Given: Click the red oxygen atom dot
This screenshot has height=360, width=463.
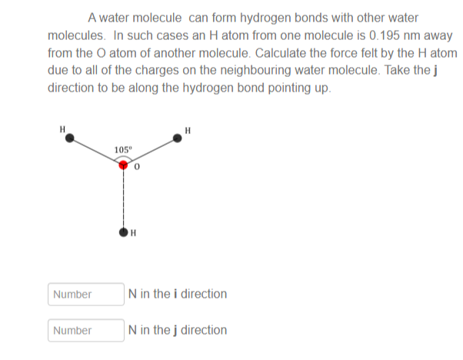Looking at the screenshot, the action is coord(123,165).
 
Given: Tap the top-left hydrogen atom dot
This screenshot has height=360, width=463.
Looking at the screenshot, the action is coord(70,138).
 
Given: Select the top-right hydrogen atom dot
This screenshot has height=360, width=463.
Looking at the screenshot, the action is coord(177,138).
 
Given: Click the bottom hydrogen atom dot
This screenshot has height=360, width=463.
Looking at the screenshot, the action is coord(123,232).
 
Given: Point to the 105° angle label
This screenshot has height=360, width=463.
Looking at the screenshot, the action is coord(123,150).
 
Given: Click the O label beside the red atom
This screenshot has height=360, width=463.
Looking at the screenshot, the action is coord(137,167).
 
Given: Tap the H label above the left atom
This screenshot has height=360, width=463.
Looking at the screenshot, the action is coord(62,129).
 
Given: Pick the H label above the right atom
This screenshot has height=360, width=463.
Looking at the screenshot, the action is coord(188,131).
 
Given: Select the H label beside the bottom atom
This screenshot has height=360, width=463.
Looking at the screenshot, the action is coord(133,233).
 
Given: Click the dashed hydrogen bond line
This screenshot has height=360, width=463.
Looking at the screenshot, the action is coord(123,198).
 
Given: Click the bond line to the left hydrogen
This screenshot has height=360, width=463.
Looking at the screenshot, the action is coord(96,152).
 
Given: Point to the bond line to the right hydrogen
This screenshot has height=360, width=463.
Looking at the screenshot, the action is coord(150,152).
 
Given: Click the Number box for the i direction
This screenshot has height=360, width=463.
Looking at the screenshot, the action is coord(86,294).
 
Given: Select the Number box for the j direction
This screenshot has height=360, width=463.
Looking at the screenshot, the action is coord(86,330).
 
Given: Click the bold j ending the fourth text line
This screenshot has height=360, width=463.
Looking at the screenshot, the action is coord(435,71).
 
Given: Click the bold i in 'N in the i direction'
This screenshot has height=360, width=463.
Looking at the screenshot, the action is coord(175,294).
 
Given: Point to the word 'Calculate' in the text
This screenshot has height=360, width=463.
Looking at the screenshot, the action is coord(276,53).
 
